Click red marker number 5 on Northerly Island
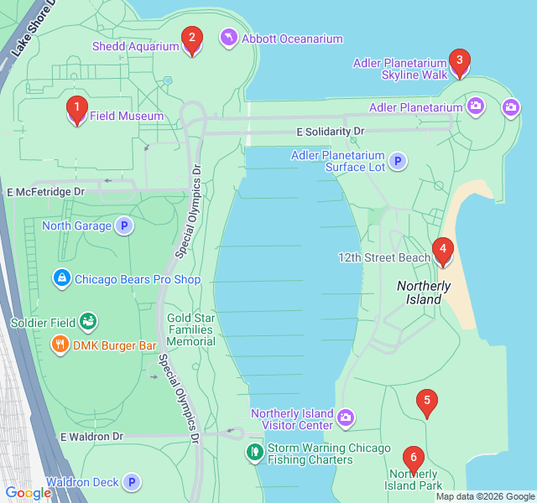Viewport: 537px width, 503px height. [427, 403]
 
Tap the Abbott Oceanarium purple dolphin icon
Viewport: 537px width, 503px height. [228, 39]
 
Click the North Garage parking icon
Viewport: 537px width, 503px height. [124, 226]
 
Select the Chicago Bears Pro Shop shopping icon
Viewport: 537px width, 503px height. [61, 277]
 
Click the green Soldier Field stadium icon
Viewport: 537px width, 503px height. [88, 321]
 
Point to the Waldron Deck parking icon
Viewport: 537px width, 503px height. [131, 482]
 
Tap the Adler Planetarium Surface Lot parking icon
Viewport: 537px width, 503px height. [398, 161]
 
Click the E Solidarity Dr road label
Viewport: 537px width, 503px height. [331, 132]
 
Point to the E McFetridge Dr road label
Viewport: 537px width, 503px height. [46, 192]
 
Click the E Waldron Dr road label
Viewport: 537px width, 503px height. [91, 437]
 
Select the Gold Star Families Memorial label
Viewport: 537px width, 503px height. [191, 329]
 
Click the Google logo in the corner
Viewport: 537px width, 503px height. [28, 493]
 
